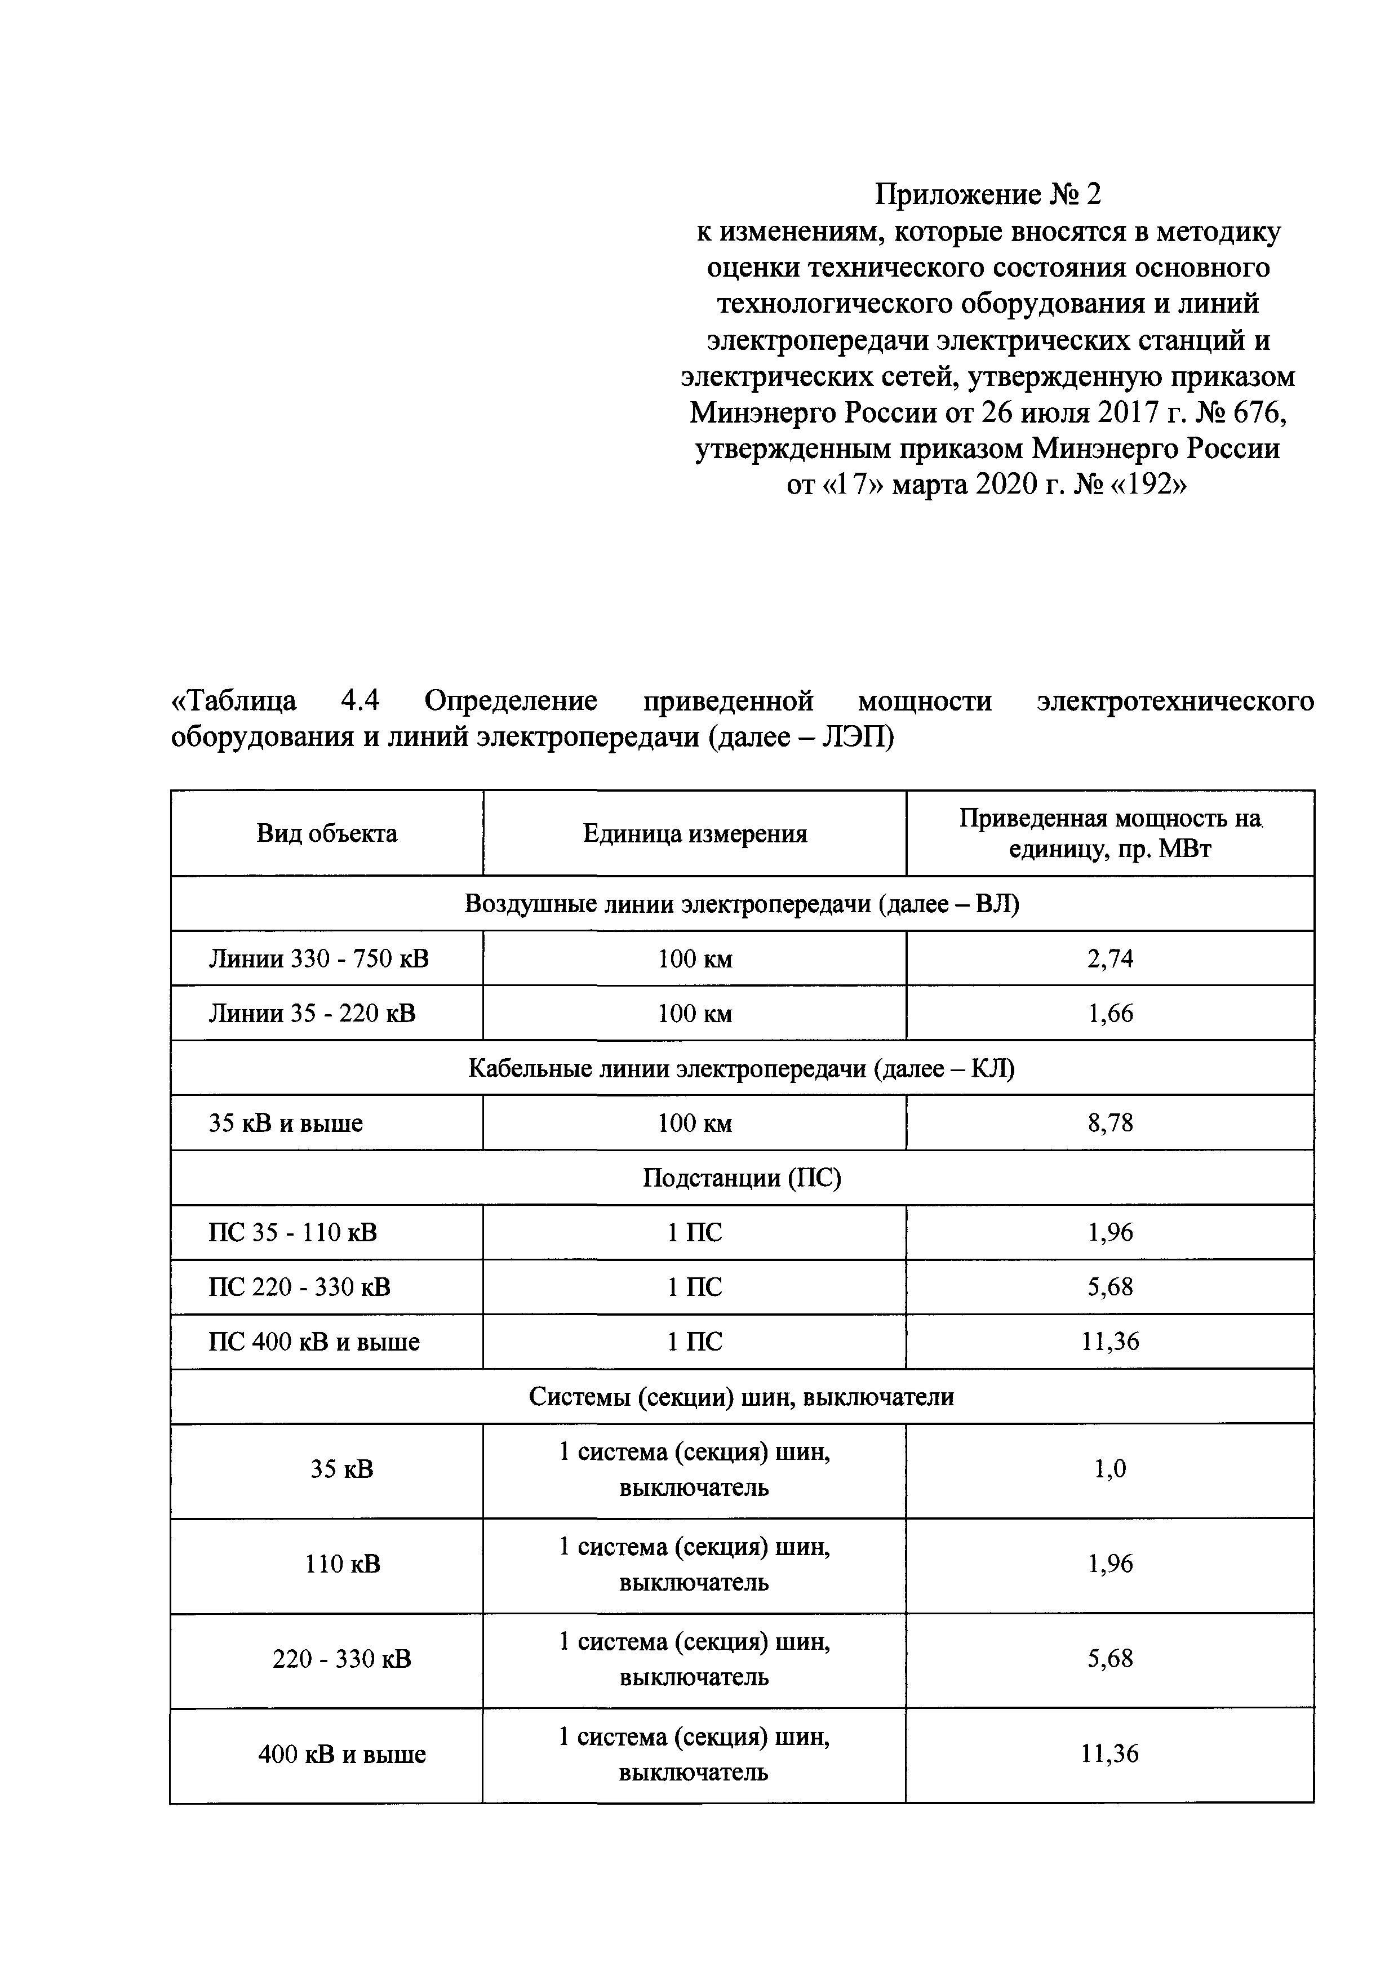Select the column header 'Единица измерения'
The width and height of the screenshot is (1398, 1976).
[695, 833]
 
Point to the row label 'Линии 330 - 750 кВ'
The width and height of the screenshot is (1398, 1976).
[318, 958]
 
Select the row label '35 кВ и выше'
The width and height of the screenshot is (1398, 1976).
[286, 1122]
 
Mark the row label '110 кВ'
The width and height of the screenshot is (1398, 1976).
[342, 1564]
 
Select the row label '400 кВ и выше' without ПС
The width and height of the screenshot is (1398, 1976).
[342, 1754]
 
